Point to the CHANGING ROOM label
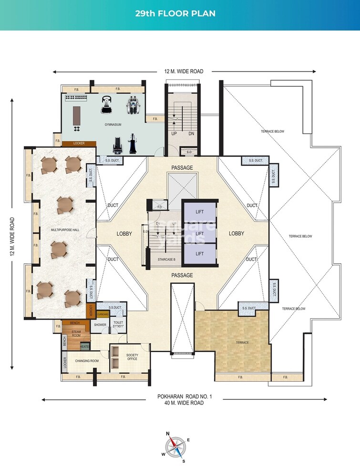[x=87, y=361]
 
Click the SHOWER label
[x=100, y=325]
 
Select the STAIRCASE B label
[x=166, y=259]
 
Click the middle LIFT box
[x=200, y=233]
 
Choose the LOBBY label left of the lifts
[x=124, y=234]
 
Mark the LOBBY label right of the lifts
[x=236, y=233]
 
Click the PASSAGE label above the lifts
[x=182, y=168]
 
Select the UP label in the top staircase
[x=174, y=134]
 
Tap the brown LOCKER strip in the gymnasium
[x=79, y=143]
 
